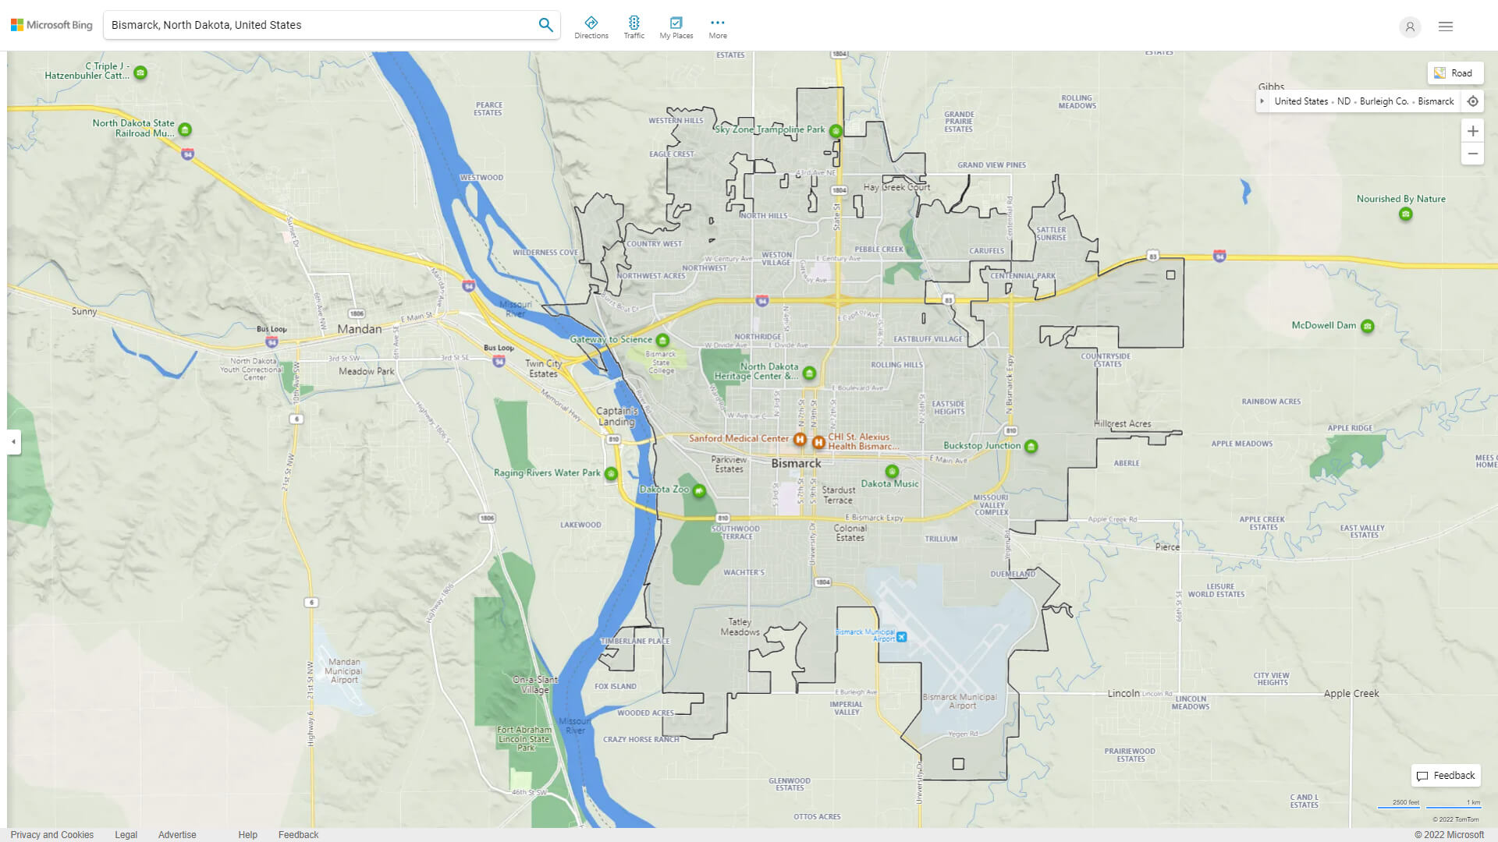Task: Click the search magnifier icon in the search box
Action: pyautogui.click(x=545, y=25)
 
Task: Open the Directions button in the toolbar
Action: pyautogui.click(x=591, y=27)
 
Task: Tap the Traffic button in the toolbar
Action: pyautogui.click(x=634, y=27)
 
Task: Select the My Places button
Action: pyautogui.click(x=676, y=27)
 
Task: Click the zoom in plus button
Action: pyautogui.click(x=1472, y=131)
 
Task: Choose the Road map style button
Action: pyautogui.click(x=1454, y=73)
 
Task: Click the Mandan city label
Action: pyautogui.click(x=360, y=329)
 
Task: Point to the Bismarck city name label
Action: pyautogui.click(x=796, y=463)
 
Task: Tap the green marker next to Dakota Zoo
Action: pyautogui.click(x=699, y=490)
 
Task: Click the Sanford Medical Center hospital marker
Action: pyautogui.click(x=800, y=440)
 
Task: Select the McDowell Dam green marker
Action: pyautogui.click(x=1367, y=326)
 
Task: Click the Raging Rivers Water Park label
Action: pyautogui.click(x=547, y=473)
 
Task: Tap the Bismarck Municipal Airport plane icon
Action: pyautogui.click(x=901, y=637)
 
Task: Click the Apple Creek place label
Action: pyautogui.click(x=1351, y=693)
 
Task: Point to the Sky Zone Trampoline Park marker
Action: pyautogui.click(x=836, y=130)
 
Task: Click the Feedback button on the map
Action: pyautogui.click(x=1446, y=775)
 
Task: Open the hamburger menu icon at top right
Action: pyautogui.click(x=1445, y=27)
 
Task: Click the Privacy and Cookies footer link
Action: pyautogui.click(x=52, y=834)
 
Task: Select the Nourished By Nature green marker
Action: pyautogui.click(x=1405, y=214)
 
